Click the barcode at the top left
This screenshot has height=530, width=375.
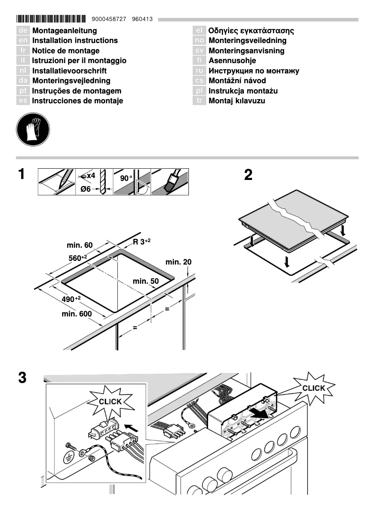51,19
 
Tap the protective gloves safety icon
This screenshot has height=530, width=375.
33,129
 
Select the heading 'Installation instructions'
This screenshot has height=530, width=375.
75,41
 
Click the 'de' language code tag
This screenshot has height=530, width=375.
23,31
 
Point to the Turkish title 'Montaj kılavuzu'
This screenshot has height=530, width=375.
237,101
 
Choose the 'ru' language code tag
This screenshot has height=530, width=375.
199,71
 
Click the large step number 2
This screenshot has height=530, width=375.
248,175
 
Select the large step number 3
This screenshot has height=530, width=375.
22,377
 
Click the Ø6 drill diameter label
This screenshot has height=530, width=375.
85,189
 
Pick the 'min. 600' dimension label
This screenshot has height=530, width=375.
77,314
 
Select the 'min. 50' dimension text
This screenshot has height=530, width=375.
146,281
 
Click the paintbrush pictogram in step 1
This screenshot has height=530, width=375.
170,181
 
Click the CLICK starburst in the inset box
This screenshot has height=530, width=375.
110,401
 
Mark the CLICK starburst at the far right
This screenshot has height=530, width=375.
313,388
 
